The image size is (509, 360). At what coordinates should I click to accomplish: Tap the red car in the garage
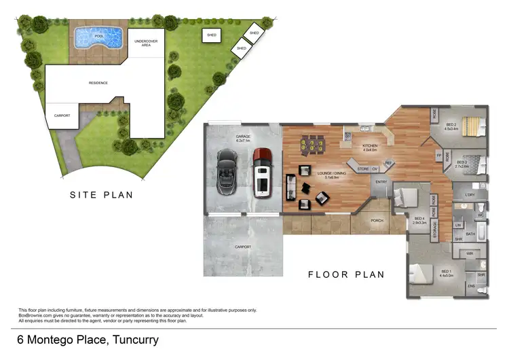tap(262, 173)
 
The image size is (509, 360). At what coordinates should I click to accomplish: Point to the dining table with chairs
tap(312, 145)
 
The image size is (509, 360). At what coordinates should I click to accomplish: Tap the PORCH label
tap(377, 220)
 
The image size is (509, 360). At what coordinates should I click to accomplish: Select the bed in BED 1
tap(422, 274)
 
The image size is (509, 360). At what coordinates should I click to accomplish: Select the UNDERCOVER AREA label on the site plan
tap(146, 43)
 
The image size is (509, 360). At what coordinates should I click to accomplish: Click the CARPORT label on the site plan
tap(62, 116)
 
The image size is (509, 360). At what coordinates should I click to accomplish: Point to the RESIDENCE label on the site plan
tap(98, 83)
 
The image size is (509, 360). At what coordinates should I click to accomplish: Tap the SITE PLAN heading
tap(102, 195)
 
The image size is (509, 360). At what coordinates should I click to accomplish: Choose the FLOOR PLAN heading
tap(346, 275)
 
